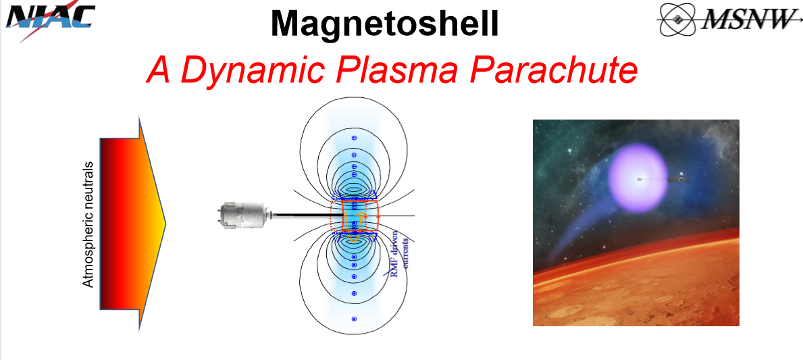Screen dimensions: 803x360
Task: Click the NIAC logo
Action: [x=50, y=20]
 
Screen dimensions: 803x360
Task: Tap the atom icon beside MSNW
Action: [x=677, y=20]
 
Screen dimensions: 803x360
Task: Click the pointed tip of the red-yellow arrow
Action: [x=166, y=224]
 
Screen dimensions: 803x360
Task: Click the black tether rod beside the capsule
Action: [x=302, y=215]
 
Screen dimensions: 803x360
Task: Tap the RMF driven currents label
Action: [x=399, y=253]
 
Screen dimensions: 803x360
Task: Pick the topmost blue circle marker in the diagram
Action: [x=353, y=138]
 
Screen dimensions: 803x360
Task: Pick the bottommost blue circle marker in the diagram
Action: [x=353, y=319]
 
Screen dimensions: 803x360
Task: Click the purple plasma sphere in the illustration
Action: [x=638, y=178]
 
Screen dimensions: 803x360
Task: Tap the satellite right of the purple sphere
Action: [x=679, y=179]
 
